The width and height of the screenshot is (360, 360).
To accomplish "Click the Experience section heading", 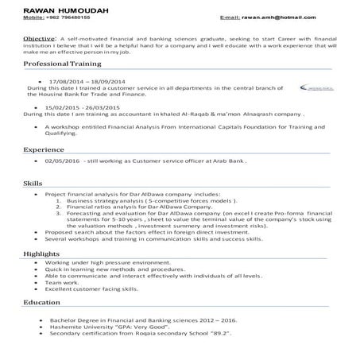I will [x=44, y=149].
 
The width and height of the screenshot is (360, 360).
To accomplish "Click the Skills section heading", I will [x=33, y=183].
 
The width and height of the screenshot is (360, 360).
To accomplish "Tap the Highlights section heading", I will [x=41, y=253].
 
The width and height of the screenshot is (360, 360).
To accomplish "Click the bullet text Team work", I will [x=64, y=282].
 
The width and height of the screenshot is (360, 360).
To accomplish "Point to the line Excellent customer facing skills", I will [x=97, y=289].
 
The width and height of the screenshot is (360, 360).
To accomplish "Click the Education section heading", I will [x=42, y=303].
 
